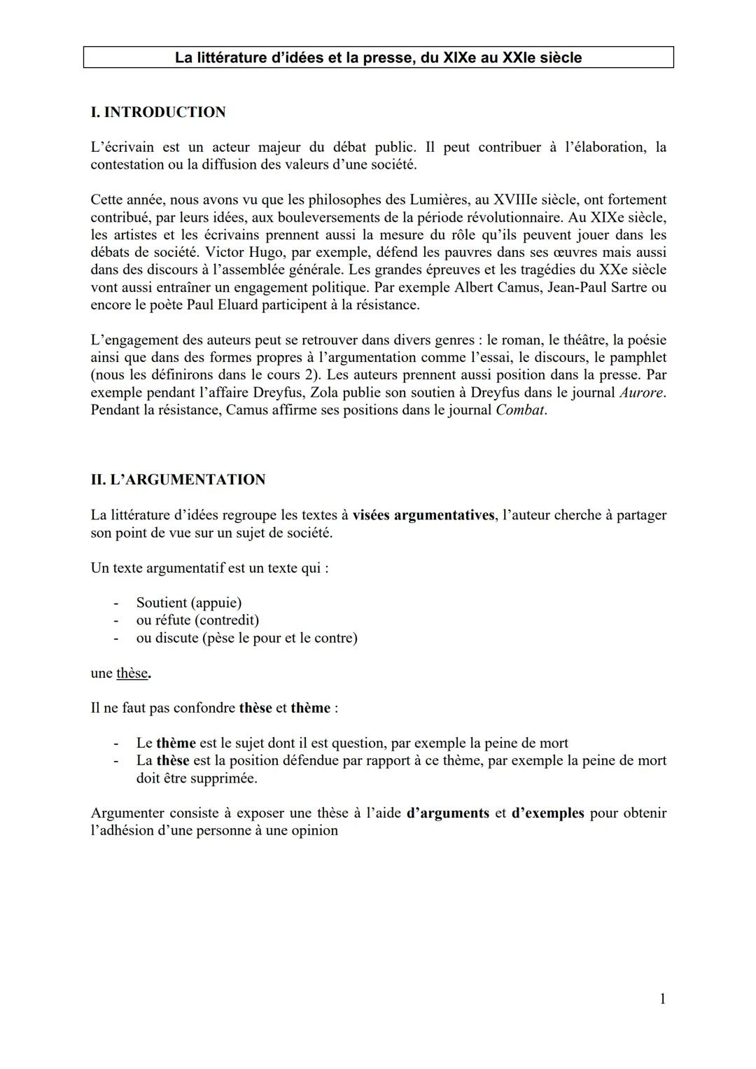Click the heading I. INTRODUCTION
[158, 112]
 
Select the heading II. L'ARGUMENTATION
[178, 480]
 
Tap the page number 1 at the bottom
[662, 999]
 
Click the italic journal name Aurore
[641, 393]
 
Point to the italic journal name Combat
[520, 410]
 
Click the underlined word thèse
[132, 673]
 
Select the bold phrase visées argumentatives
[423, 515]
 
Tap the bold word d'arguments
[447, 813]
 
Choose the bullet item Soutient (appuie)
[189, 603]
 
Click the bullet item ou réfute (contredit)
[197, 620]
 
